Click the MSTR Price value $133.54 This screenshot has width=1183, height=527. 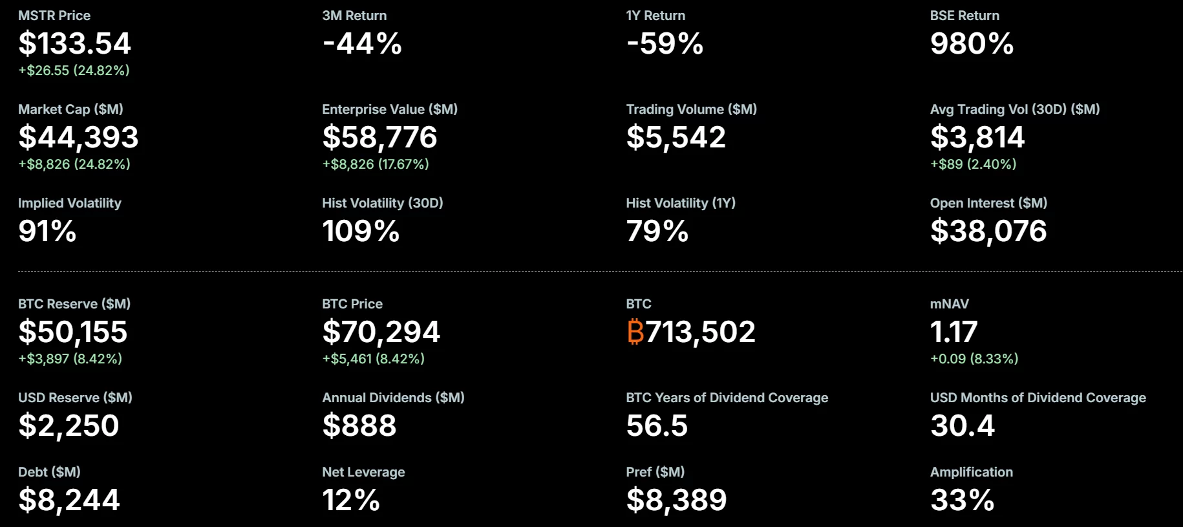(74, 44)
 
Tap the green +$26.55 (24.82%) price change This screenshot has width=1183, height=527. (74, 70)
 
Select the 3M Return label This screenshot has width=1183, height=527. (354, 16)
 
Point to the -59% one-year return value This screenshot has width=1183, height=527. (665, 44)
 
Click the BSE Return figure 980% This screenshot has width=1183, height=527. (972, 44)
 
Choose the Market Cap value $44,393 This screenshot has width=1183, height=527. (78, 137)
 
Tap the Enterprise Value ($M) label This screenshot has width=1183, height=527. (390, 109)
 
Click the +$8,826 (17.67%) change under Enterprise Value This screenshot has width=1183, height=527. (376, 164)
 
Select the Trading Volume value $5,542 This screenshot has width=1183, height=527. (676, 137)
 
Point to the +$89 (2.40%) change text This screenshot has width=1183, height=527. (973, 164)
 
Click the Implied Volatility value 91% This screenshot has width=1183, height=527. (47, 231)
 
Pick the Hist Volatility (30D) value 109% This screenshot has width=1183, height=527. (361, 231)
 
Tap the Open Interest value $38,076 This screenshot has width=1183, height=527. (988, 231)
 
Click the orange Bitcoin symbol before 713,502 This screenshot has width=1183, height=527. (635, 332)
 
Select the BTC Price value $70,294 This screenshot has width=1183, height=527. (381, 332)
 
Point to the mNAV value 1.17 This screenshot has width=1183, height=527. (954, 332)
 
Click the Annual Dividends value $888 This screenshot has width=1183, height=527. (359, 425)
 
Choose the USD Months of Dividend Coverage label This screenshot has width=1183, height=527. (1038, 398)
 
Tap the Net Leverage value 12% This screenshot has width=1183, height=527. (351, 500)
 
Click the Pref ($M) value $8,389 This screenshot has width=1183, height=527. (676, 500)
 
